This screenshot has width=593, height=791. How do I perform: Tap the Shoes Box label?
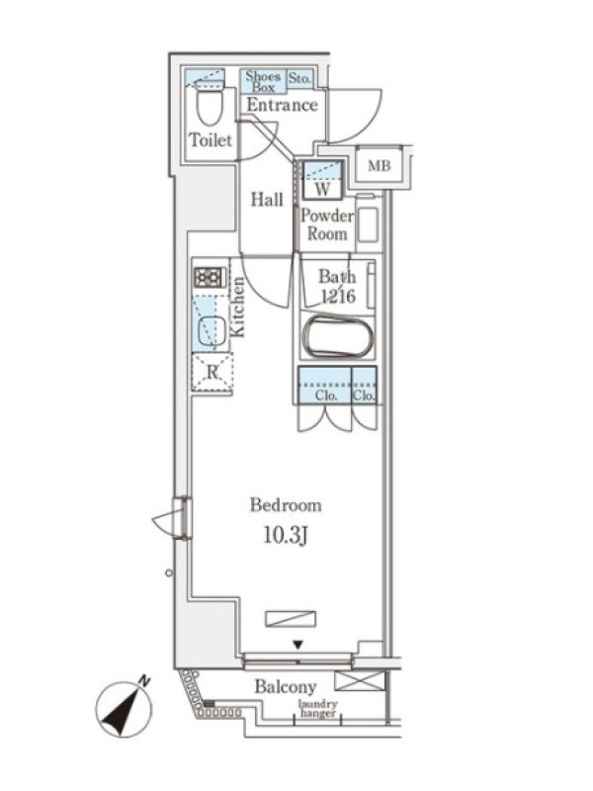(x=263, y=82)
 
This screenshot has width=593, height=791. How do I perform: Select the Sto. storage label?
(x=299, y=79)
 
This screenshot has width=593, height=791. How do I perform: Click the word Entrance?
(x=282, y=105)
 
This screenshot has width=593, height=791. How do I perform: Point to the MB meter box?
(x=380, y=165)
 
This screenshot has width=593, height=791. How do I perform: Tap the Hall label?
(x=267, y=200)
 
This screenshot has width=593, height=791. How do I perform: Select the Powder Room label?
(x=327, y=225)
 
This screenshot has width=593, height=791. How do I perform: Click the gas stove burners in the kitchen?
(x=210, y=277)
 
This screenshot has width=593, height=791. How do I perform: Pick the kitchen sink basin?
(x=212, y=331)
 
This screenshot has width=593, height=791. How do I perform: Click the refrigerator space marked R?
(x=212, y=373)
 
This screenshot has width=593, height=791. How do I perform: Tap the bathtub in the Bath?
(x=338, y=335)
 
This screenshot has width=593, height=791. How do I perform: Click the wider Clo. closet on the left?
(x=325, y=385)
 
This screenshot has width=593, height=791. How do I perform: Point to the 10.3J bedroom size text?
(x=286, y=536)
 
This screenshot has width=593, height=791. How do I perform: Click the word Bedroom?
(x=286, y=505)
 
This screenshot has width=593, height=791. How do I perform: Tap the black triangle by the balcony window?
(x=298, y=645)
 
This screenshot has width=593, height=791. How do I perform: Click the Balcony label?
(x=286, y=686)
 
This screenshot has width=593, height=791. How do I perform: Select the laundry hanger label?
(x=317, y=709)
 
